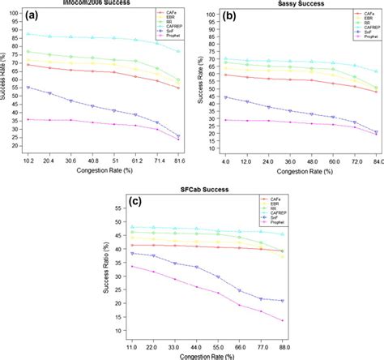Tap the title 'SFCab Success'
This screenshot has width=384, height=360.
click(x=192, y=190)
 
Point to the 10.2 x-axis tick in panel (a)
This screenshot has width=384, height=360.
click(x=28, y=163)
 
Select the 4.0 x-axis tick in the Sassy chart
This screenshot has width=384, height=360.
click(x=224, y=163)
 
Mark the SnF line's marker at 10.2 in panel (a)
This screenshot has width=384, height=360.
click(x=29, y=88)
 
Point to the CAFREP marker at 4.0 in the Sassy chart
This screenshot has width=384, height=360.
click(x=224, y=58)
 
